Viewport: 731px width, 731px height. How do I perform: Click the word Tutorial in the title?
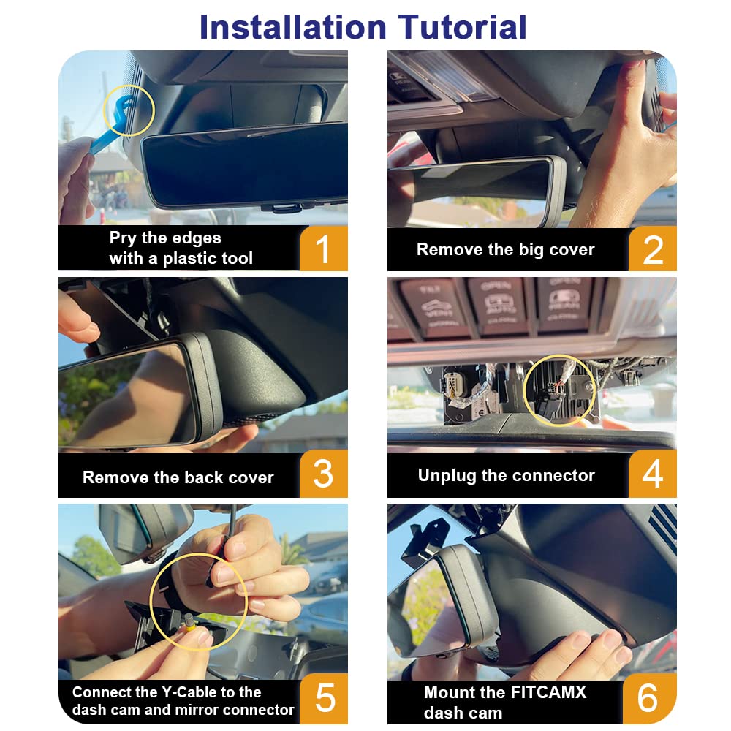pyautogui.click(x=463, y=27)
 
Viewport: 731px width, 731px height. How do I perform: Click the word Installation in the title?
pyautogui.click(x=292, y=27)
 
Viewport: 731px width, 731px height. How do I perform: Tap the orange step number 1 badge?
pyautogui.click(x=323, y=249)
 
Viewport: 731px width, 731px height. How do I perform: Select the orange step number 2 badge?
pyautogui.click(x=652, y=249)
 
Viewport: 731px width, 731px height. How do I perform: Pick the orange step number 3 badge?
pyautogui.click(x=323, y=475)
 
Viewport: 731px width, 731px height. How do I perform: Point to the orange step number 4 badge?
pyautogui.click(x=652, y=475)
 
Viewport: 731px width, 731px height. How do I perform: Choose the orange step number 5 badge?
pyautogui.click(x=323, y=700)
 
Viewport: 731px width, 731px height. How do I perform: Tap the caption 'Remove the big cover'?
pyautogui.click(x=505, y=249)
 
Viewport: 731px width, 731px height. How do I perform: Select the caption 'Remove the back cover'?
pyautogui.click(x=178, y=477)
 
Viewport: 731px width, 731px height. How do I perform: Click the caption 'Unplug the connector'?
pyautogui.click(x=506, y=475)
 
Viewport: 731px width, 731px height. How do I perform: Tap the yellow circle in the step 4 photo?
pyautogui.click(x=559, y=391)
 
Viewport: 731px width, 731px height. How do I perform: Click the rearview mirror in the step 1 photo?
pyautogui.click(x=245, y=164)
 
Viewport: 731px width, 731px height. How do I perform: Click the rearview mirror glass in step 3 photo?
pyautogui.click(x=124, y=395)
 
